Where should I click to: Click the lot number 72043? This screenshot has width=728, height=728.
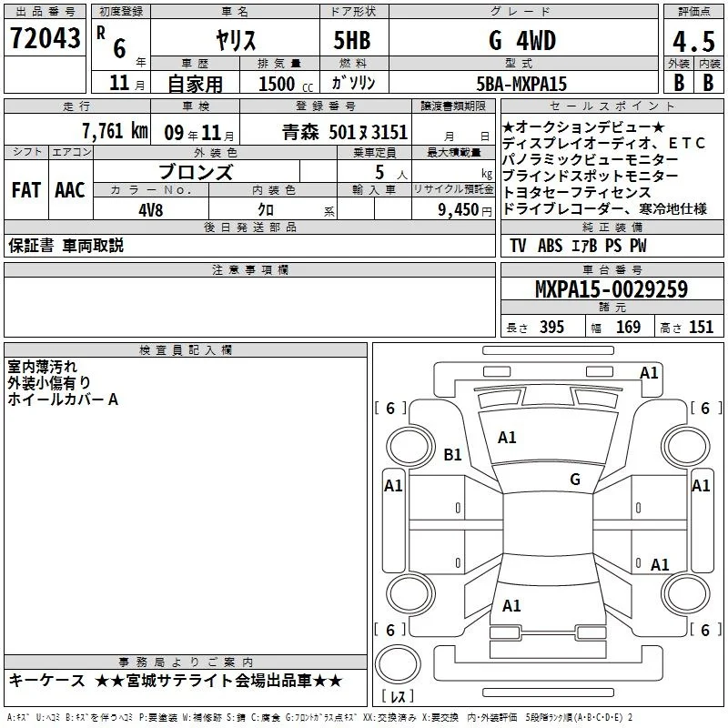45,38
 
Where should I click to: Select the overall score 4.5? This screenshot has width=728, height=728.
693,42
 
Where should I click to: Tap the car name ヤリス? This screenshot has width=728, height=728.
236,40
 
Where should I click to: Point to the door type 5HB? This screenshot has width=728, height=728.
352,40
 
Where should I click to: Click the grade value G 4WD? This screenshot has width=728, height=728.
522,40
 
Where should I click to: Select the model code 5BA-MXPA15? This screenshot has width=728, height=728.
521,84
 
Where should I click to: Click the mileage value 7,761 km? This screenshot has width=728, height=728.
116,131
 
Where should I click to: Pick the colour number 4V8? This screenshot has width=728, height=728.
151,210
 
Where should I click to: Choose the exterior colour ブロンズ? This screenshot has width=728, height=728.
196,172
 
